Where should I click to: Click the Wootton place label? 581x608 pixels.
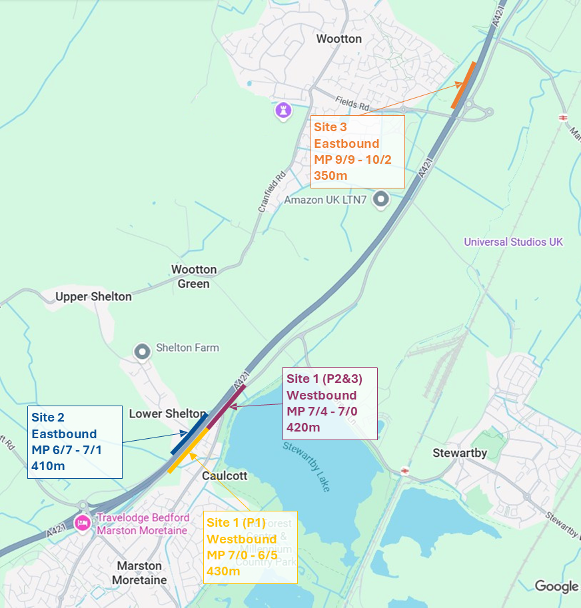click(339, 39)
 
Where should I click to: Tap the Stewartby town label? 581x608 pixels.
click(460, 453)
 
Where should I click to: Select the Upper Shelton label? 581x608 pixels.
click(93, 296)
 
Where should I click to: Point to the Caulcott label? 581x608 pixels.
click(225, 476)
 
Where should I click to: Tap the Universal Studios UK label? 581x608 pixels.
click(514, 242)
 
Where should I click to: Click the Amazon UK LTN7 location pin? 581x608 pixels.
click(381, 198)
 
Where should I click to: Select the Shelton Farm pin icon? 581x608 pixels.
click(142, 350)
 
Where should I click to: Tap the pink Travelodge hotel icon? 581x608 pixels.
click(83, 523)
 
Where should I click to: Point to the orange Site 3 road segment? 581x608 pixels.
click(463, 85)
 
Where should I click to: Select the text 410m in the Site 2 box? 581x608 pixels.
click(48, 465)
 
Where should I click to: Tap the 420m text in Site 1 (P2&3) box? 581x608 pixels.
click(304, 427)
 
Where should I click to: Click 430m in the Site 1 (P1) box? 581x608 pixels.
click(224, 571)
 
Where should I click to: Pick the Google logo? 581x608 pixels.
click(556, 586)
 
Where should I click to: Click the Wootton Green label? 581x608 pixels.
click(194, 276)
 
